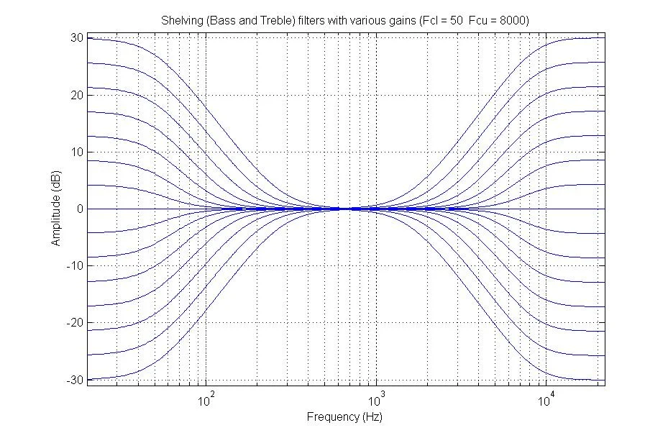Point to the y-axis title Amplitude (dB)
pyautogui.click(x=55, y=209)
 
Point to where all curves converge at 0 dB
pyautogui.click(x=347, y=209)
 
